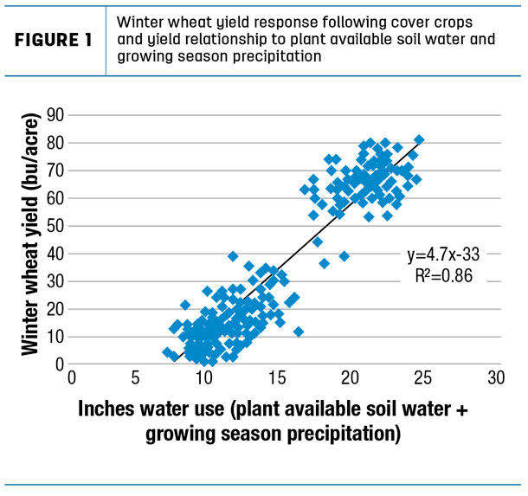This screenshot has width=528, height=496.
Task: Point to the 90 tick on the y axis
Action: click(x=57, y=113)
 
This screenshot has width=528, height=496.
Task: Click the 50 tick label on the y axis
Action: click(x=57, y=225)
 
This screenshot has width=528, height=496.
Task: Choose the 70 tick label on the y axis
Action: click(x=57, y=169)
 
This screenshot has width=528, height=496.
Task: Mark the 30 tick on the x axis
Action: click(x=495, y=379)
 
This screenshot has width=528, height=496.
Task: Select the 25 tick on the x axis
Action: click(x=422, y=379)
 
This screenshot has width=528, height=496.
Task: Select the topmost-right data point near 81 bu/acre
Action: click(x=419, y=139)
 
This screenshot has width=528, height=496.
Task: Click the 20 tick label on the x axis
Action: click(x=351, y=379)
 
